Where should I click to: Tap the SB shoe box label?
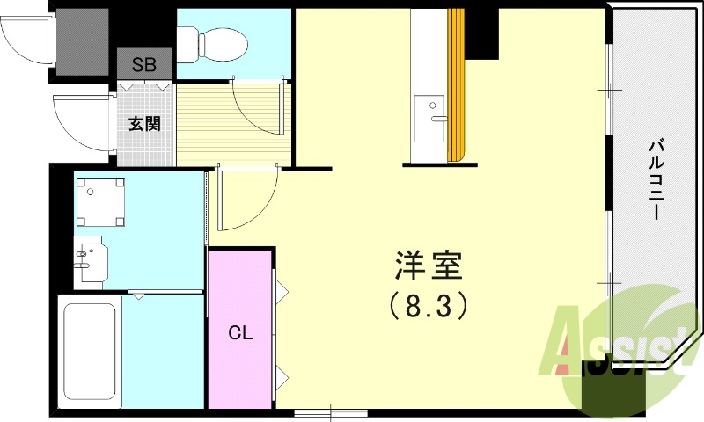coord(143,64)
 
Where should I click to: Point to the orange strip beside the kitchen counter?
coord(456,88)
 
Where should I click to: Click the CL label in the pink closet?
coord(240,333)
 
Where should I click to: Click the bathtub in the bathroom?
coord(89,350)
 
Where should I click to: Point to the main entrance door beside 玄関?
coord(81,123)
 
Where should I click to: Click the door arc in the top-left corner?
coord(26,40)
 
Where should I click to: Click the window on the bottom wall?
coord(331,412)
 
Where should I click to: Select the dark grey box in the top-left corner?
coord(83,40)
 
